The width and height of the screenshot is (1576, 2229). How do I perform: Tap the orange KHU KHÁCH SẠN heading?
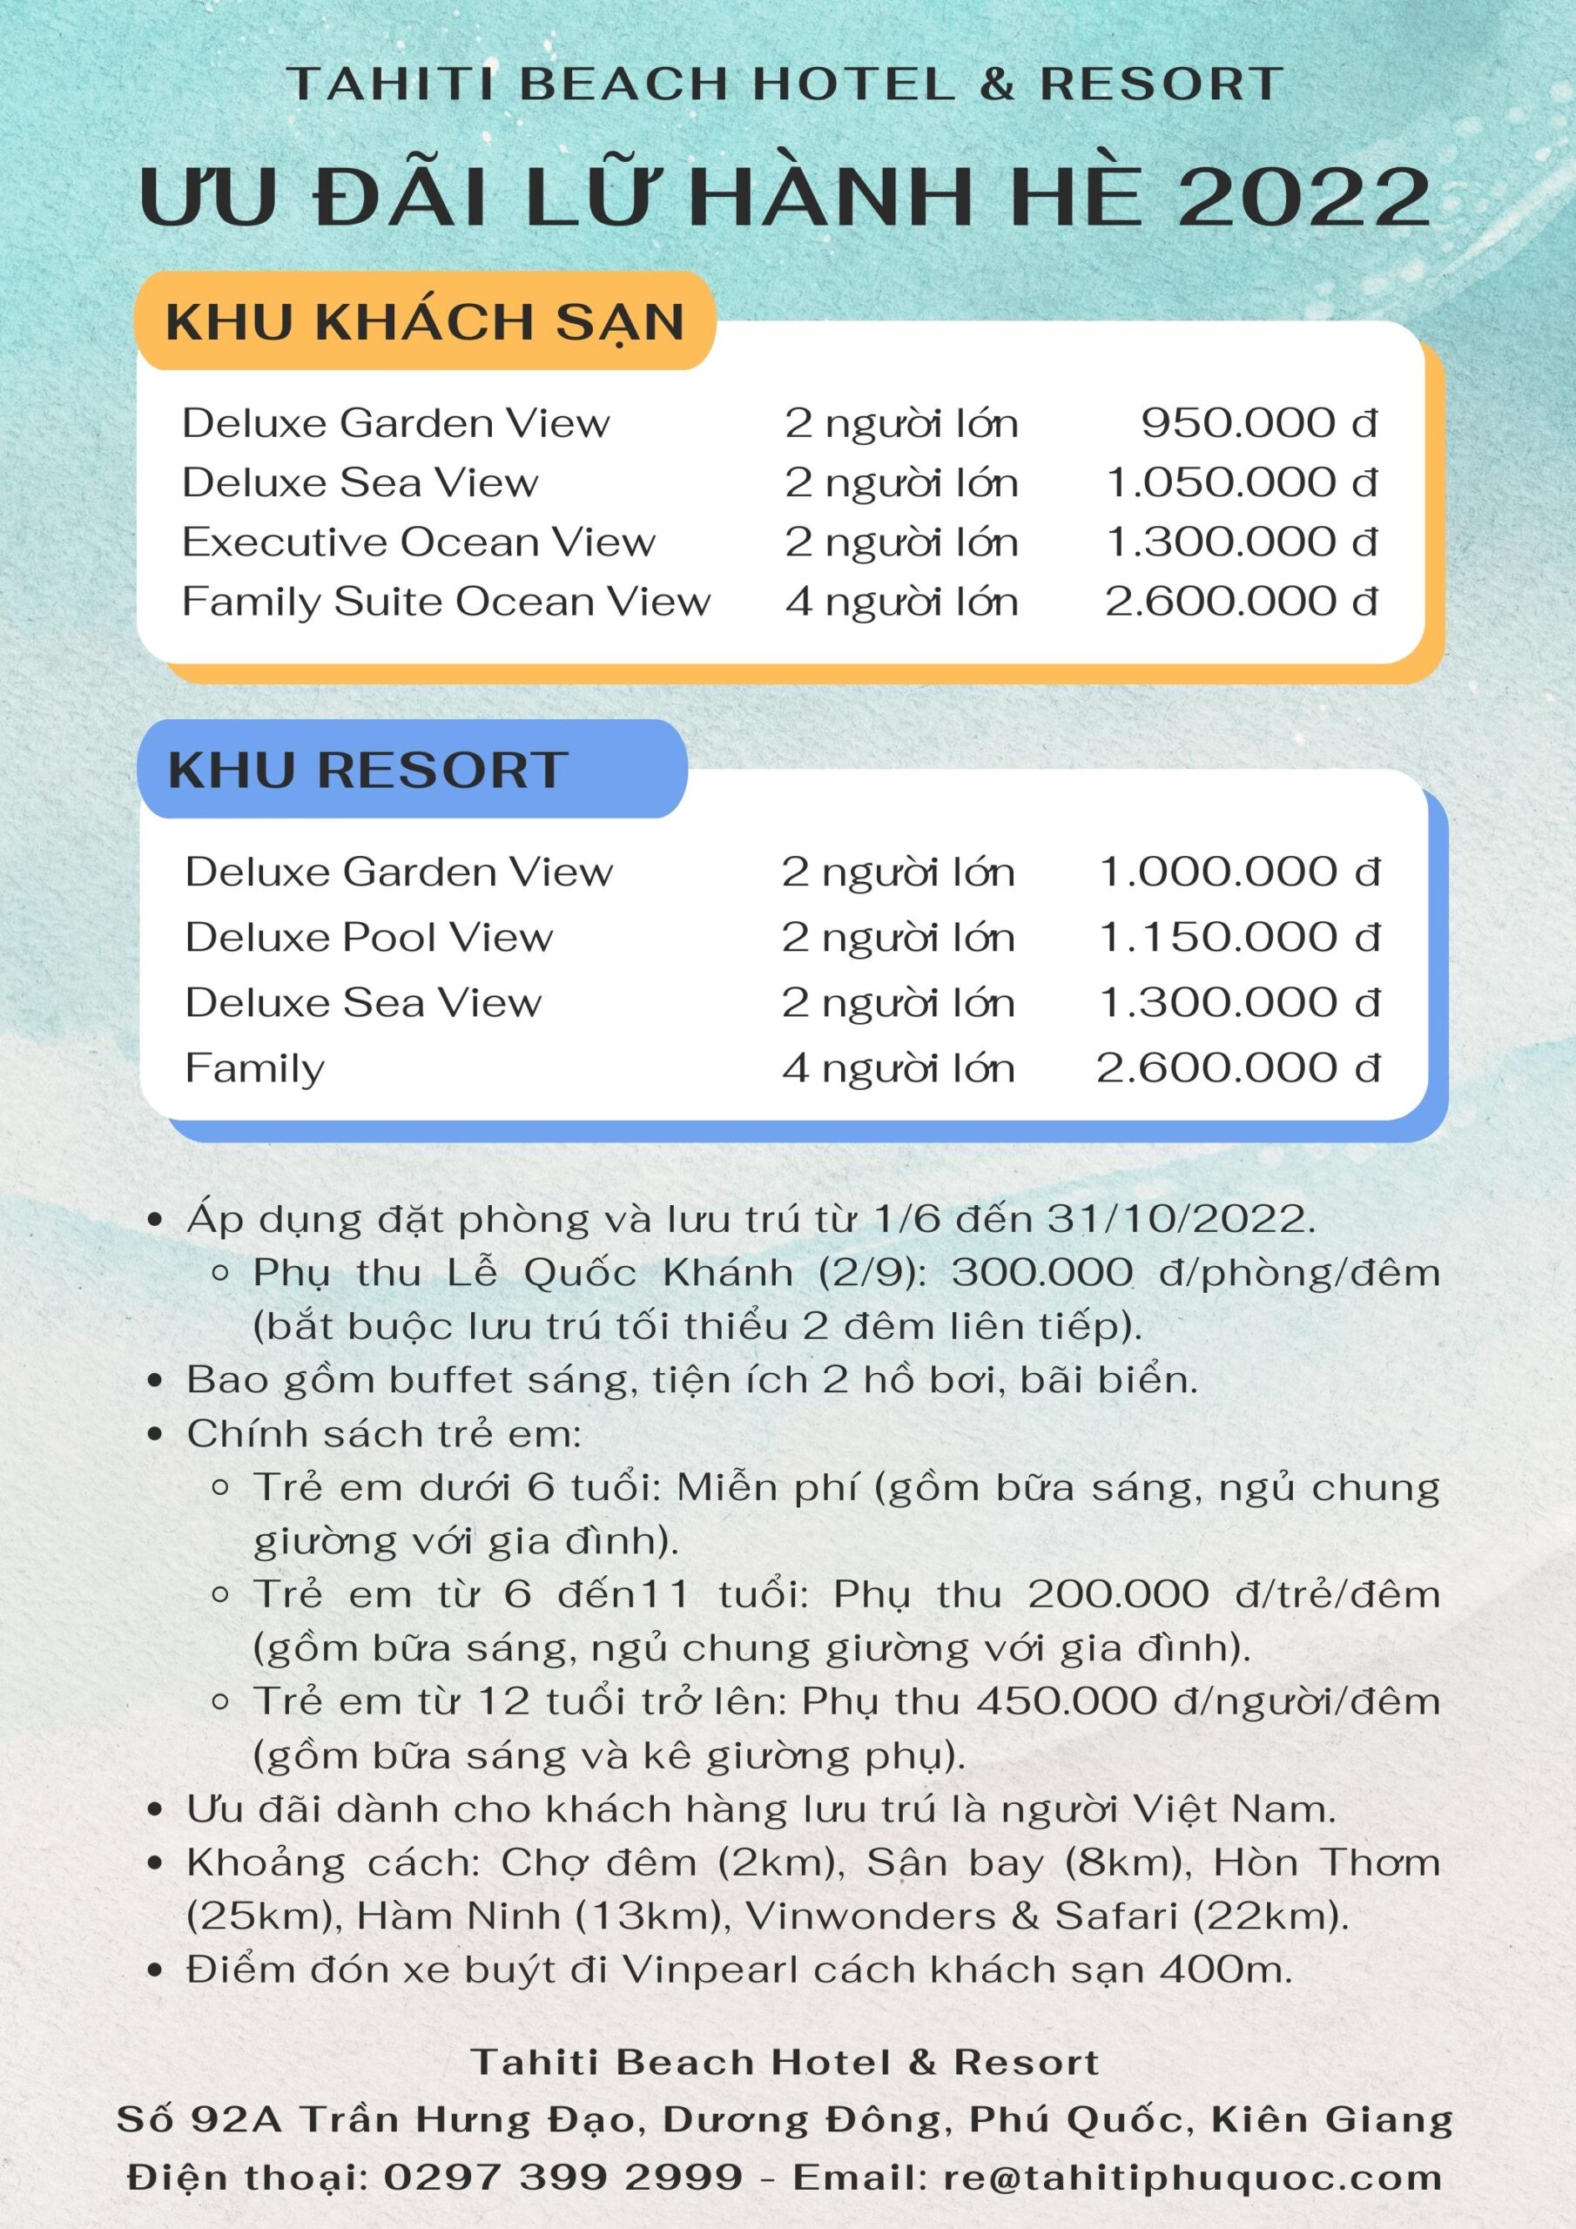425,322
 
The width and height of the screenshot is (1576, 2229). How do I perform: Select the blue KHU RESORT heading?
368,770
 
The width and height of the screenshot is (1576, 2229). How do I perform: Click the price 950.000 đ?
1258,422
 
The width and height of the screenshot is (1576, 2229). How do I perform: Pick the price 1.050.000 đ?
1242,482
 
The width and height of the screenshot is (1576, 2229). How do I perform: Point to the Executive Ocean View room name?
419,542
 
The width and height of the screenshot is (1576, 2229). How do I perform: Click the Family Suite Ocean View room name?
446,601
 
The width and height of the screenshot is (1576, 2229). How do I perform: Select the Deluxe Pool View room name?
369,937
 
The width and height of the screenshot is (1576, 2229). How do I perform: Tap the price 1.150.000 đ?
1239,937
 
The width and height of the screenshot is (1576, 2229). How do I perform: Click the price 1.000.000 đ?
1239,872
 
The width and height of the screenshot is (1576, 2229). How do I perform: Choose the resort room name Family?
254,1067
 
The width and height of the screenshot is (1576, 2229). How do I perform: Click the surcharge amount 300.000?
1042,1272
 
